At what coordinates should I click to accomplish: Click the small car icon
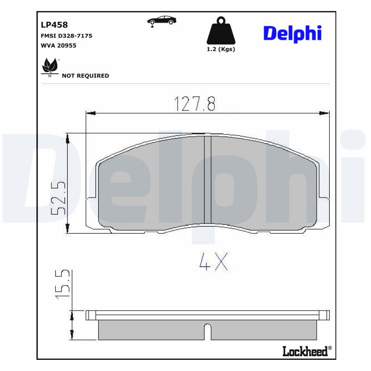point(161,21)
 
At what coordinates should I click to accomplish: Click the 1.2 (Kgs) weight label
point(221,50)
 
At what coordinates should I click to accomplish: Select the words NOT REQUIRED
point(85,76)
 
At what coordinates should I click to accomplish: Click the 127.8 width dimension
point(195,104)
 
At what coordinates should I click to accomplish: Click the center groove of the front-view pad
point(208,181)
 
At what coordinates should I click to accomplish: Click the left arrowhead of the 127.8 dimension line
point(90,113)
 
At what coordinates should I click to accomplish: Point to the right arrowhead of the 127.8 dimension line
point(326,113)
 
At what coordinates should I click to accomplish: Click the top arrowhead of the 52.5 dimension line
point(68,138)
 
